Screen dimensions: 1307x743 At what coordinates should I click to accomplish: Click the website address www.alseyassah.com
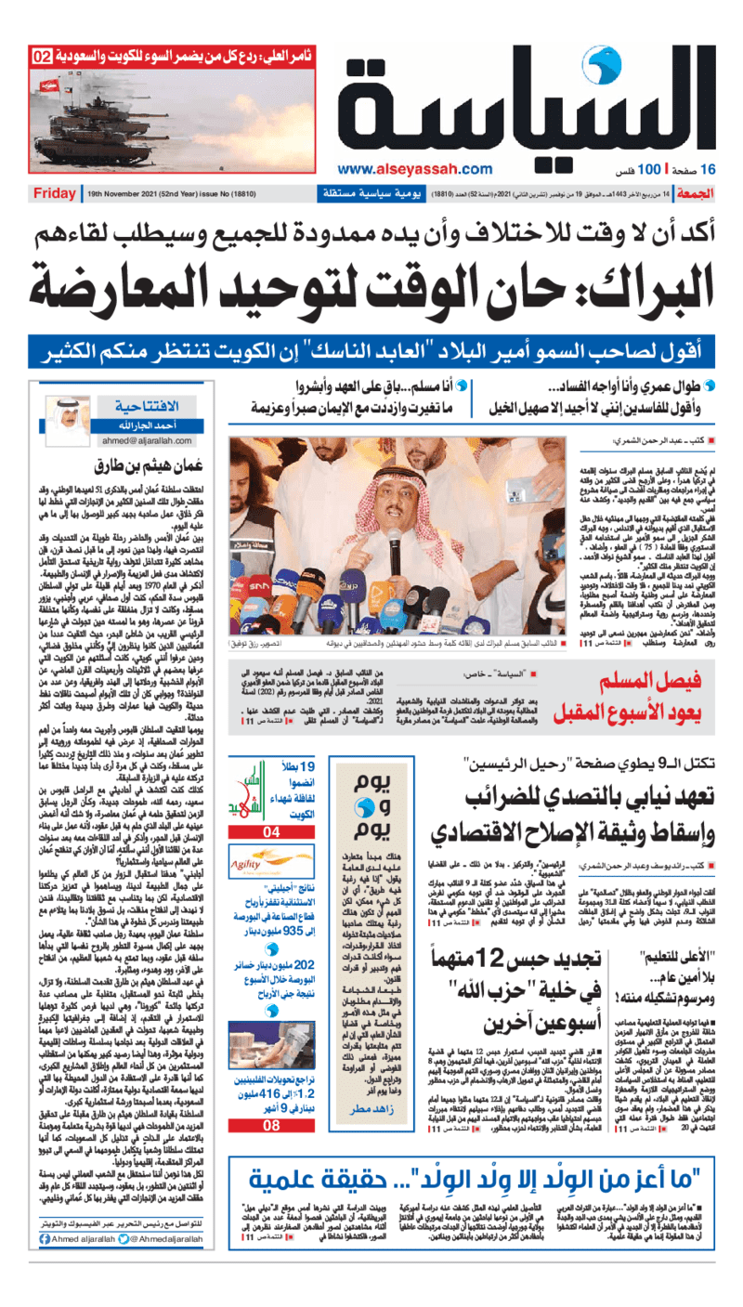[415, 168]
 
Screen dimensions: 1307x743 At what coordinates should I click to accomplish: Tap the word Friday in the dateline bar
[54, 193]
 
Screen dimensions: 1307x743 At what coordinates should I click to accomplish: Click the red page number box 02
[43, 57]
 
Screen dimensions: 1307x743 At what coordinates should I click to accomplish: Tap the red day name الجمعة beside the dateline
[713, 193]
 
